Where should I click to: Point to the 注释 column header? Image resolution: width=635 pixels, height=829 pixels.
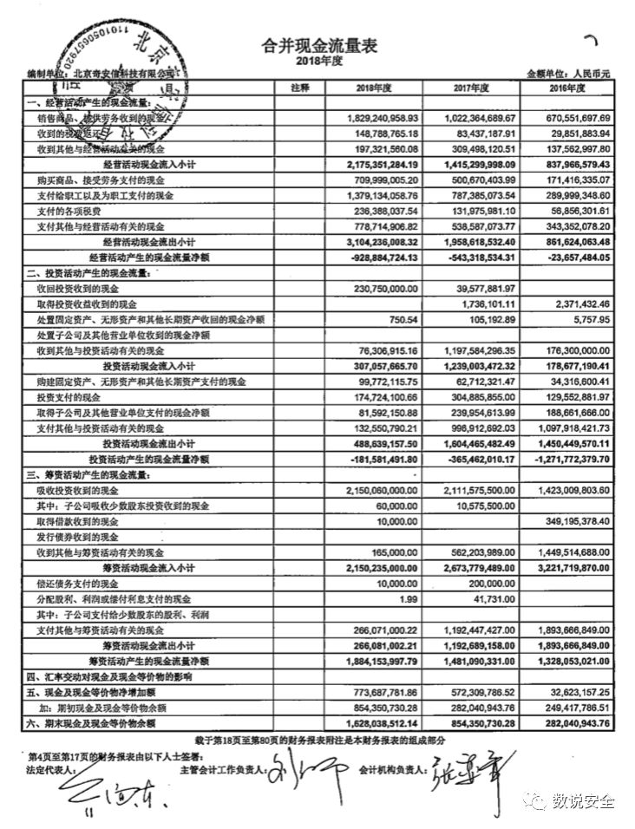(300, 88)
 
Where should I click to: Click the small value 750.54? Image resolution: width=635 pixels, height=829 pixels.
(402, 319)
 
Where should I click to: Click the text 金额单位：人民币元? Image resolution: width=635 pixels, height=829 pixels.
(569, 75)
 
